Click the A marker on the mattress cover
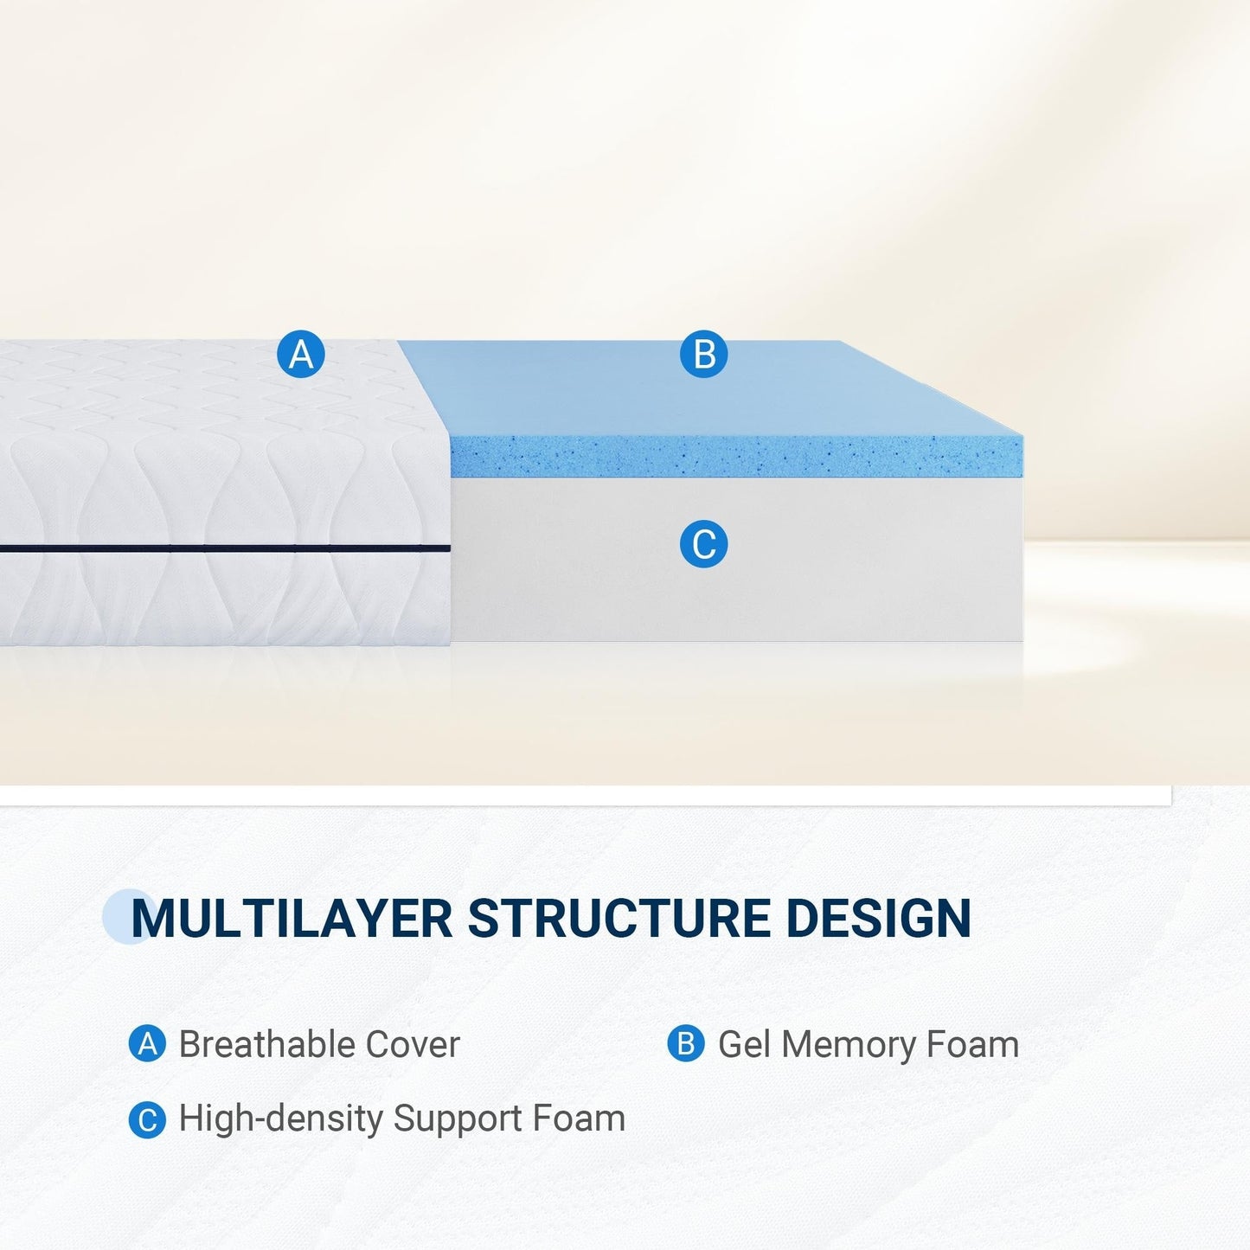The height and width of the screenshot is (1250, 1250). click(301, 355)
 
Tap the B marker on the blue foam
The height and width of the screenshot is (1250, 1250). click(703, 355)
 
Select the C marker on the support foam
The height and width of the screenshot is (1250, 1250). click(703, 545)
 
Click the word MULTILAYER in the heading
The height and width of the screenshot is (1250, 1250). click(292, 918)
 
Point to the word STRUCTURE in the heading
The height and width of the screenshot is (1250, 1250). click(619, 918)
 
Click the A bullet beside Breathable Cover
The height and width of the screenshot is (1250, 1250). click(147, 1044)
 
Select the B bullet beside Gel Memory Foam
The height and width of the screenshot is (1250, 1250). click(685, 1044)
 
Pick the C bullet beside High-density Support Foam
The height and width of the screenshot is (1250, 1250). click(147, 1120)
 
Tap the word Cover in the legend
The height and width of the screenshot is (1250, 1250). click(413, 1045)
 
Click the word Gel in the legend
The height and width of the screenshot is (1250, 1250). click(744, 1045)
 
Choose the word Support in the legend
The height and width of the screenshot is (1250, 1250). click(458, 1119)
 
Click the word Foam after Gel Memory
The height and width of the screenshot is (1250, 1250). click(972, 1045)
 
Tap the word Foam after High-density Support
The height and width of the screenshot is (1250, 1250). click(579, 1119)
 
